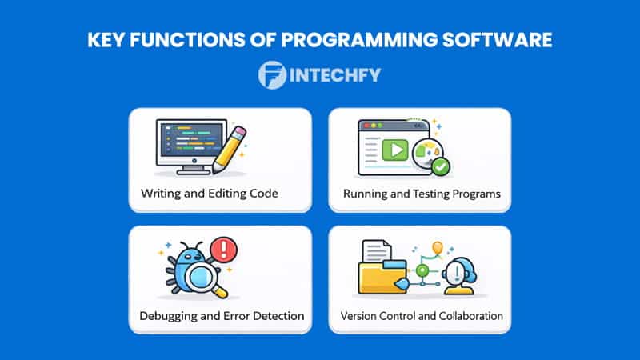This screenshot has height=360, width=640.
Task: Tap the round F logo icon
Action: pos(273,75)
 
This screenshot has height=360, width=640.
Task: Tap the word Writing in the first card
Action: pos(162,194)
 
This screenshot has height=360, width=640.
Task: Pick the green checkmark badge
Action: pos(441,166)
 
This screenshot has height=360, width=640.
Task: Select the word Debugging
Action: pos(167,316)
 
